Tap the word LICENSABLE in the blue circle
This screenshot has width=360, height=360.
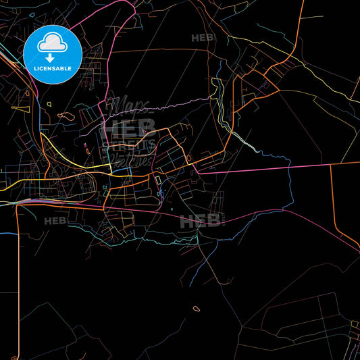click(x=53, y=68)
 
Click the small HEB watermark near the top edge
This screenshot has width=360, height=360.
click(x=203, y=38)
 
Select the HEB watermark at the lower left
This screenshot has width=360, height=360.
click(x=56, y=221)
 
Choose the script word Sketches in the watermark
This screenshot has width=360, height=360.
click(x=132, y=159)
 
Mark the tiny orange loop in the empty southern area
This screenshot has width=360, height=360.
click(x=196, y=309)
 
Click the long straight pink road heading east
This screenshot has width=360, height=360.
click(x=270, y=168)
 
